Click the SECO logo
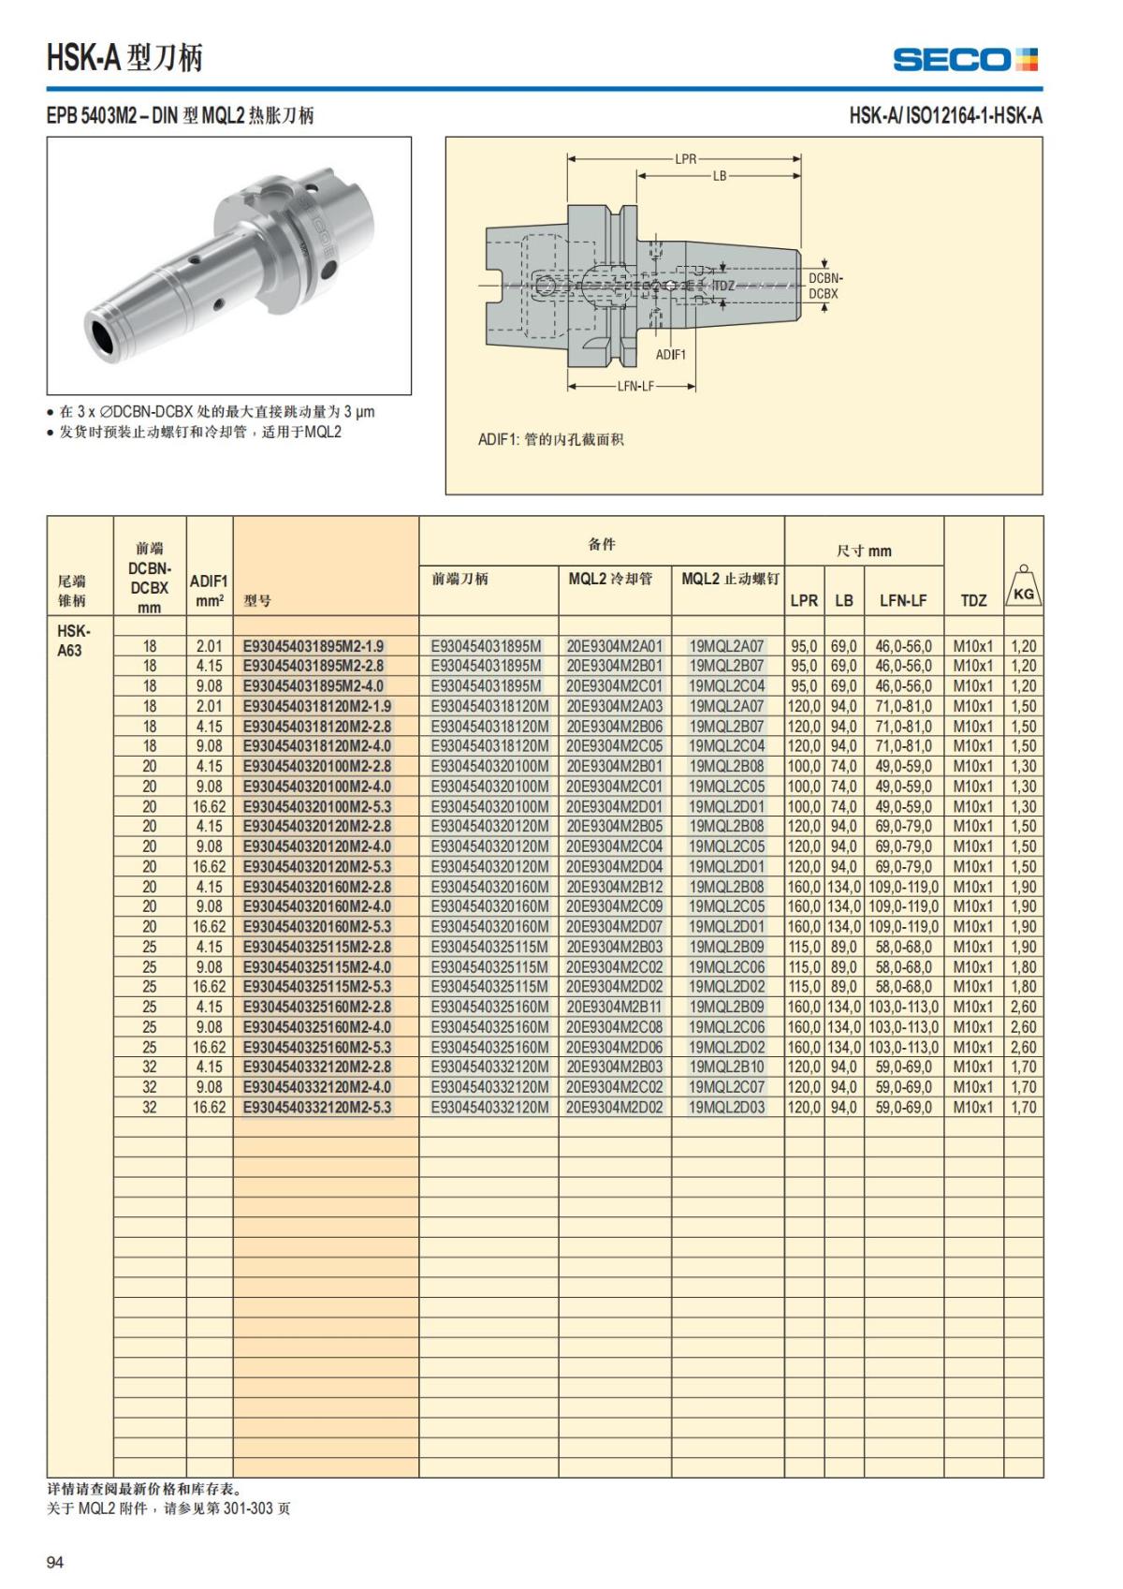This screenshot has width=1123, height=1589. [x=965, y=60]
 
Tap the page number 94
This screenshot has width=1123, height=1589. [x=55, y=1562]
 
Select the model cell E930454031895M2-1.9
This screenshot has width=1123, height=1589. [x=313, y=646]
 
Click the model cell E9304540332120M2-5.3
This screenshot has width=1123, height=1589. [x=316, y=1108]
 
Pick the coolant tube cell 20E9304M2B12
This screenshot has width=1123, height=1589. [x=614, y=887]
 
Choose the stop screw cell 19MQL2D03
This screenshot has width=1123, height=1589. [x=726, y=1108]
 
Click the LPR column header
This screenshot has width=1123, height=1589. [x=804, y=600]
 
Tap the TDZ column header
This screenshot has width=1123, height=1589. [x=973, y=600]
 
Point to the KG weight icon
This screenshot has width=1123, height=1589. [x=1024, y=587]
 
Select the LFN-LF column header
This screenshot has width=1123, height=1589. [x=902, y=600]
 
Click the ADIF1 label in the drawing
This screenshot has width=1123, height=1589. [x=670, y=355]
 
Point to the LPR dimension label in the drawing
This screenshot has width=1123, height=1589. [x=686, y=159]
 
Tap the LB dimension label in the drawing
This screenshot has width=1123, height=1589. [x=719, y=176]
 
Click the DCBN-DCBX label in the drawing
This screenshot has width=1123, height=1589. [x=824, y=286]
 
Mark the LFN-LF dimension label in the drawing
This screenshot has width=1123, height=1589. [x=635, y=386]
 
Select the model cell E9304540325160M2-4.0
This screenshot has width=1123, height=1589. [x=316, y=1027]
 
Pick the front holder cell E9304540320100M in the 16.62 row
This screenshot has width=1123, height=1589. [x=489, y=806]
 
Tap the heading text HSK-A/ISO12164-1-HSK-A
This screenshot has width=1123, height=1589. [x=945, y=116]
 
